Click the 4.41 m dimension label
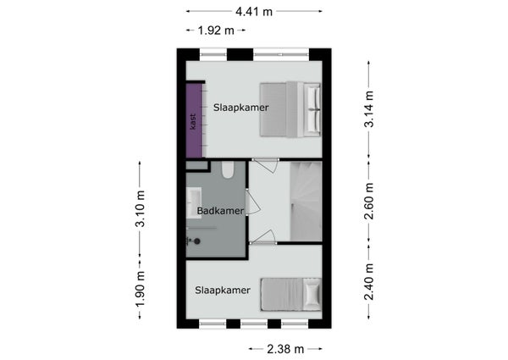254,12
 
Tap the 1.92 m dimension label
216,30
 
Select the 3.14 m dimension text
368,109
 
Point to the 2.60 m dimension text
368,202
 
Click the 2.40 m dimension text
368,281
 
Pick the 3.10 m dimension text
141,208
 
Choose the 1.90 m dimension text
141,289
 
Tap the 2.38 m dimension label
285,349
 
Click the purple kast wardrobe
195,120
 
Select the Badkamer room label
220,211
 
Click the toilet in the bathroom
228,169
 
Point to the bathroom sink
194,202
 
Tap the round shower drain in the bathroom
196,241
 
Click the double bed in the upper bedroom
290,109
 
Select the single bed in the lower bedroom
291,294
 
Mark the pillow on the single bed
312,294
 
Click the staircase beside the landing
306,201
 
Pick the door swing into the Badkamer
252,202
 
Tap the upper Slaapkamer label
240,108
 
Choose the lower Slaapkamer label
223,290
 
